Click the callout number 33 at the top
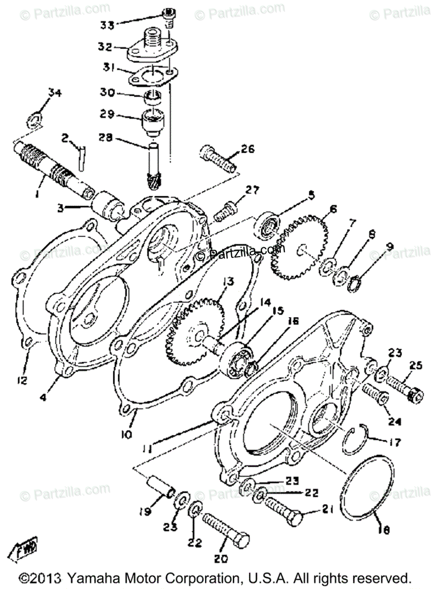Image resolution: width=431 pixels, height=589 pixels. [x=107, y=24]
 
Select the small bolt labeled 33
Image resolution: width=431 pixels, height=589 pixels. [x=168, y=14]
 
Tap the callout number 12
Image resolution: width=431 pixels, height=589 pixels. [x=23, y=380]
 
